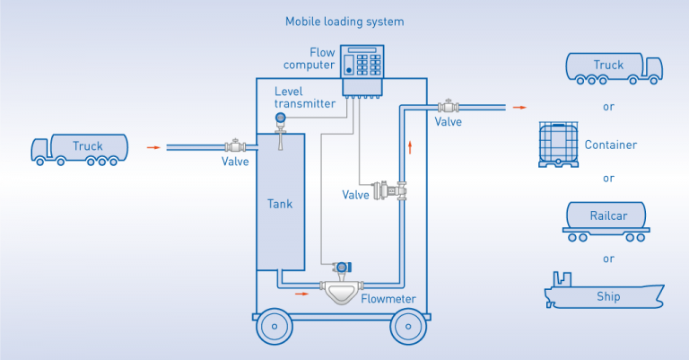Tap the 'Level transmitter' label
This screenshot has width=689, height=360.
(305, 97)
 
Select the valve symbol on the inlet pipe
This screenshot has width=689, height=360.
(235, 146)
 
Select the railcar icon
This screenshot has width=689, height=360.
(607, 219)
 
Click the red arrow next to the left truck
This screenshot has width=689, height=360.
(154, 146)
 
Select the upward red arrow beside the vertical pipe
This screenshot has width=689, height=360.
(411, 145)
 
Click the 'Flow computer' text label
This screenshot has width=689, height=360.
(310, 58)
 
